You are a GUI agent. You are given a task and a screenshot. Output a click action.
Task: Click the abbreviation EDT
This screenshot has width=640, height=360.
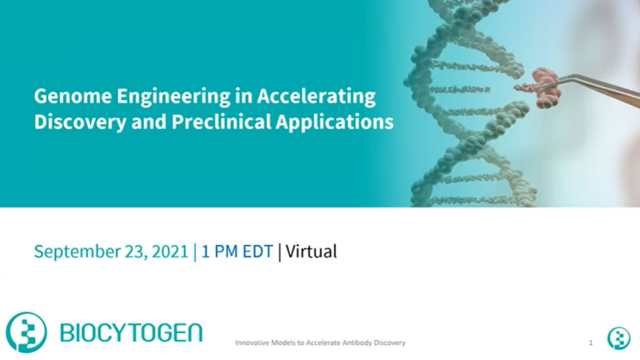[257, 252]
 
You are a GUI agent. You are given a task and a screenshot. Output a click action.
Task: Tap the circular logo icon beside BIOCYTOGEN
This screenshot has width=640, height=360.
[26, 332]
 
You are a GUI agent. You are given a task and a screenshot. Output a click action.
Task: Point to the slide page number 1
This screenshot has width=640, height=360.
[590, 342]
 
